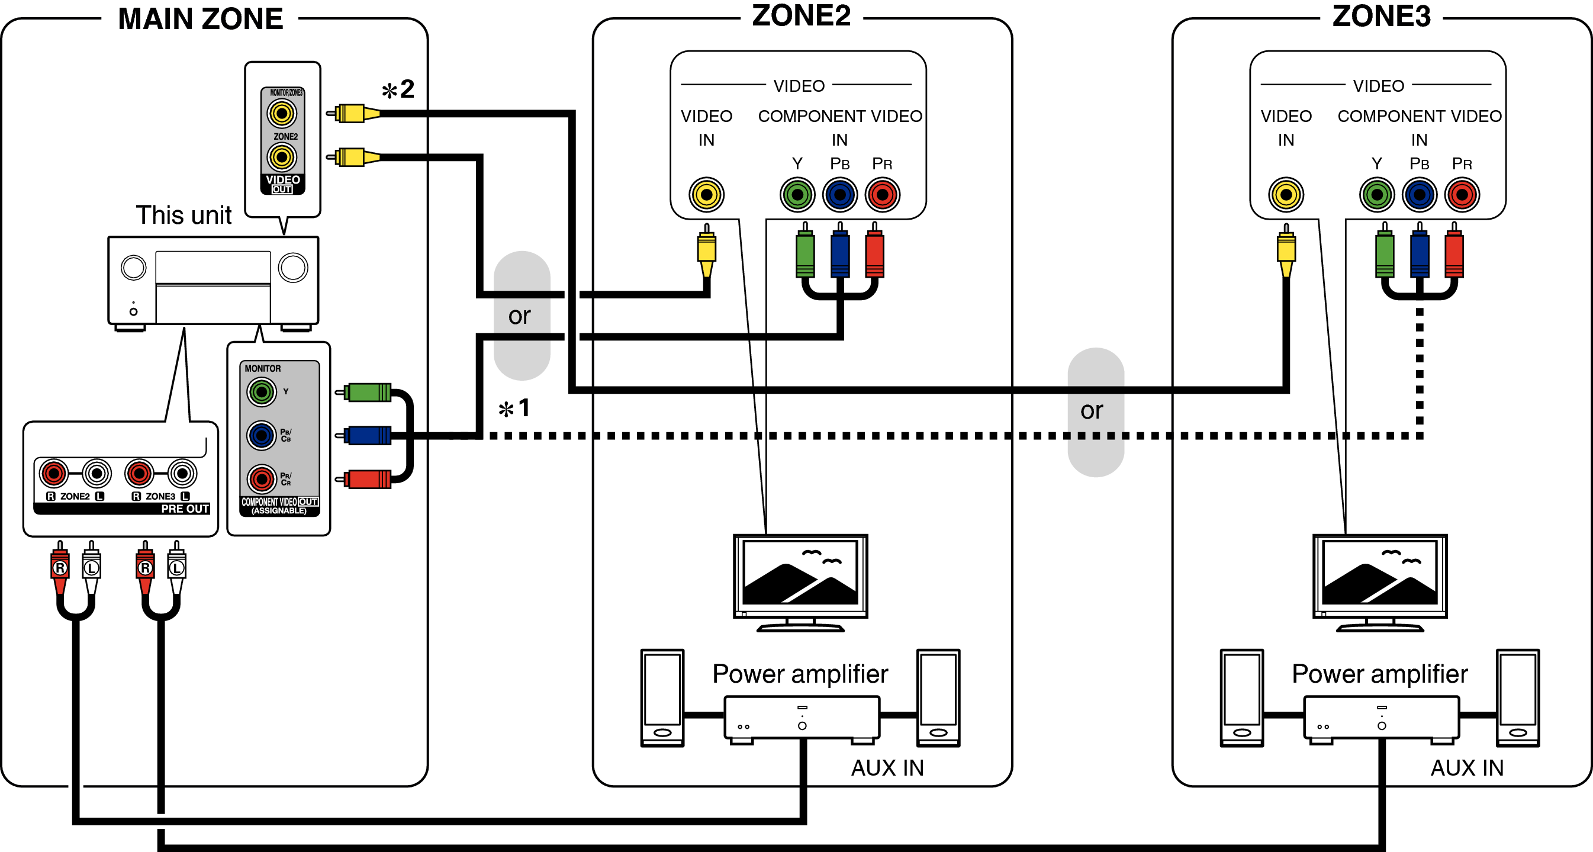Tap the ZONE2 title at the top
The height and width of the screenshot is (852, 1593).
[x=801, y=15]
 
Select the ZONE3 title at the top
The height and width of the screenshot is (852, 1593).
[x=1381, y=15]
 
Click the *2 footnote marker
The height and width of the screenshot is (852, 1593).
[x=398, y=89]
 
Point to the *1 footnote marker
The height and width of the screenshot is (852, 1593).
[x=514, y=408]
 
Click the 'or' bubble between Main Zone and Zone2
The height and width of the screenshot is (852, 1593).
[x=521, y=316]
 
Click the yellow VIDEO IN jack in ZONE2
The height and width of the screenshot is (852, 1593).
[x=706, y=195]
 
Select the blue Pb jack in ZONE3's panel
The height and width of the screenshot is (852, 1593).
[x=1419, y=195]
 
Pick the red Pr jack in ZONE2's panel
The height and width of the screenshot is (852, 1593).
[x=883, y=195]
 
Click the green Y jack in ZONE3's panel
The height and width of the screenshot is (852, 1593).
[x=1376, y=195]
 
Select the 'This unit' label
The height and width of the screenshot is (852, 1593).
[x=184, y=215]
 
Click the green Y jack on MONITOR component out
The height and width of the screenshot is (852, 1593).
[x=262, y=391]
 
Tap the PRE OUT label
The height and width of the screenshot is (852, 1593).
[x=184, y=508]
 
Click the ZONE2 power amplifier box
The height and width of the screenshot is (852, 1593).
[x=802, y=717]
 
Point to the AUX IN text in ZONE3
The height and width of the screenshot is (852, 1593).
[x=1467, y=767]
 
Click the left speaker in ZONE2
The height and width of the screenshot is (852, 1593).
[x=662, y=697]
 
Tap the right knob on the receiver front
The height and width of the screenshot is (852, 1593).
[x=293, y=268]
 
